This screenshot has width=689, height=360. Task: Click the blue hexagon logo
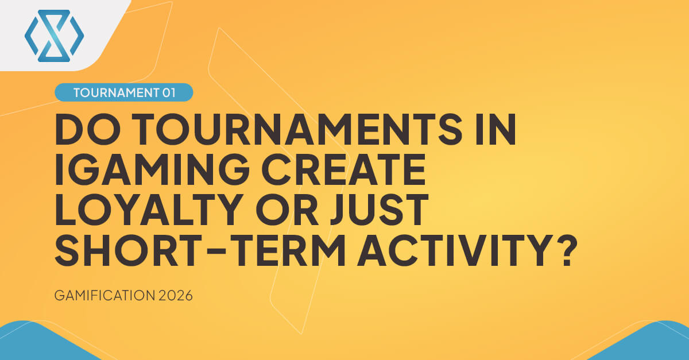(54, 36)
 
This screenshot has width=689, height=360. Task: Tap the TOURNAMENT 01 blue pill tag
(123, 92)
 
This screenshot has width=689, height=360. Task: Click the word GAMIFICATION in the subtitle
(103, 297)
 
